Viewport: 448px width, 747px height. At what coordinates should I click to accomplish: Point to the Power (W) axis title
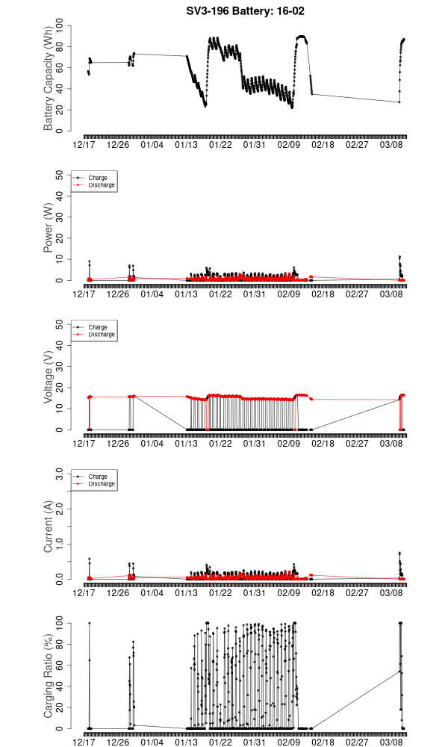coord(49,228)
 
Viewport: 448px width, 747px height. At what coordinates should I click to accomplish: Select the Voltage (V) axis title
coord(49,377)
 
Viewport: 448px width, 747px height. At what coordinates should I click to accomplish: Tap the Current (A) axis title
coord(49,527)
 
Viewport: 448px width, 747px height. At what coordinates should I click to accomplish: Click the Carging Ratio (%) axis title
coord(49,676)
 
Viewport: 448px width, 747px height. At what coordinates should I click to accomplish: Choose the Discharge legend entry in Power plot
coord(102,185)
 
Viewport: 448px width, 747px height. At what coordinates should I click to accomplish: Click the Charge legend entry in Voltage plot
coord(98,327)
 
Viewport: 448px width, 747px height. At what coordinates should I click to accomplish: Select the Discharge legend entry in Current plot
coord(102,483)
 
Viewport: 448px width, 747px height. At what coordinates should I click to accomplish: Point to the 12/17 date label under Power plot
coord(84,294)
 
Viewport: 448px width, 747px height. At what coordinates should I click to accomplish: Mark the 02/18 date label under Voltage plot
coord(323,444)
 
